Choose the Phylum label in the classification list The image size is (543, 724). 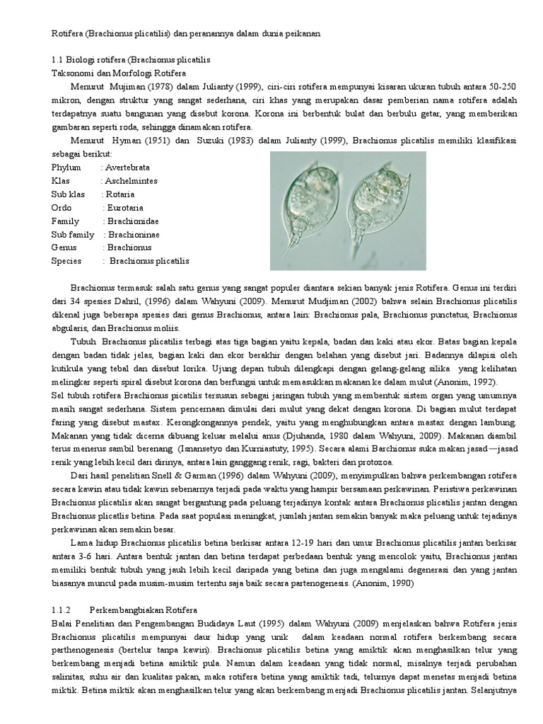[x=66, y=168]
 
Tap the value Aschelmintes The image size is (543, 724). [x=132, y=181]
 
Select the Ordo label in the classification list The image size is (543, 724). [x=62, y=208]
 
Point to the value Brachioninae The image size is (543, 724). [x=135, y=235]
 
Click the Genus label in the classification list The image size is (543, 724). [x=64, y=247]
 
